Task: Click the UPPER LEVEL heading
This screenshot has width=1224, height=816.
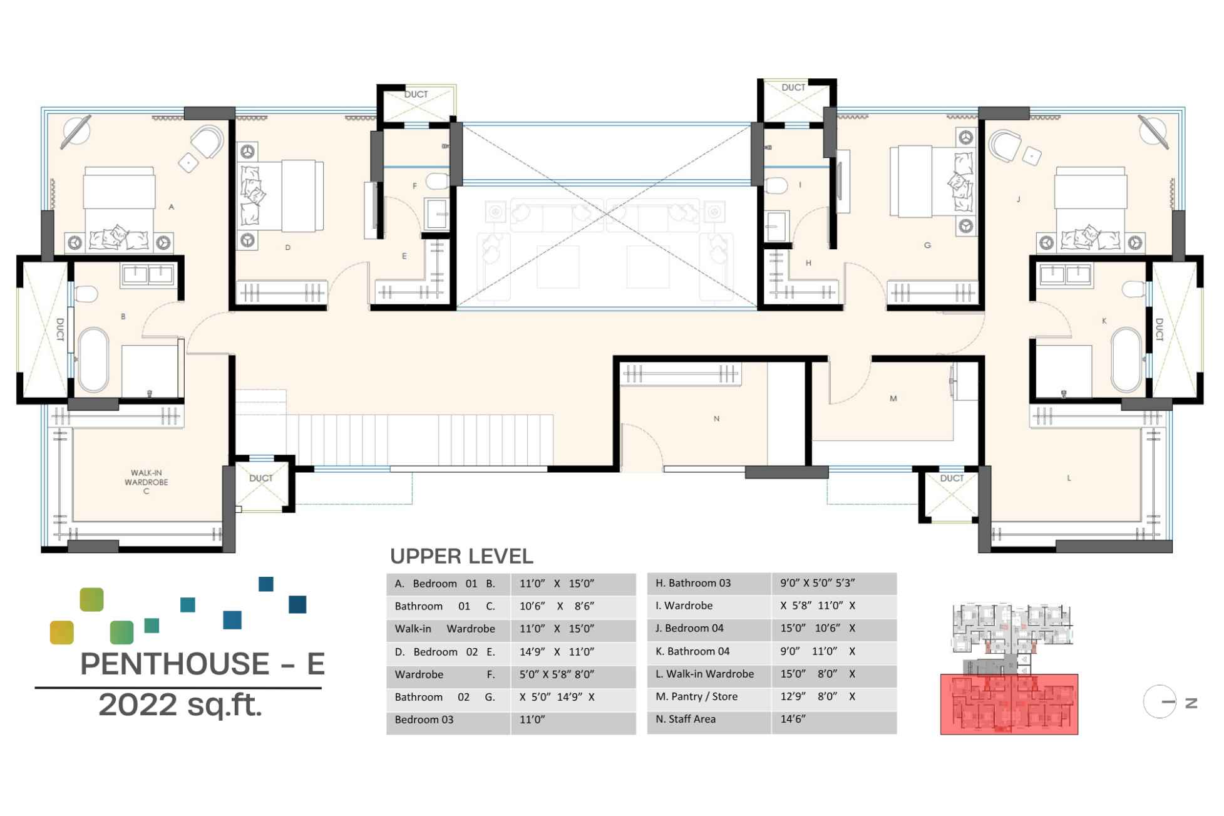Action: (461, 556)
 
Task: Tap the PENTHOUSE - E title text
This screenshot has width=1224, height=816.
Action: (202, 664)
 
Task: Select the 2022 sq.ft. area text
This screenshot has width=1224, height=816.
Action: (180, 705)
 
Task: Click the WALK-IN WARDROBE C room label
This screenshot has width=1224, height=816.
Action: (146, 482)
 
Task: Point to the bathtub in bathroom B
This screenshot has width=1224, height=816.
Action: (93, 359)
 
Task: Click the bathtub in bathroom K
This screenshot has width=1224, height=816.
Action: (1126, 359)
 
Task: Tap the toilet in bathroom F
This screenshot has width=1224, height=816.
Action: (438, 182)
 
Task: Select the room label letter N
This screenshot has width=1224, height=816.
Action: (716, 418)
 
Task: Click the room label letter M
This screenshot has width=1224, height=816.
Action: (893, 398)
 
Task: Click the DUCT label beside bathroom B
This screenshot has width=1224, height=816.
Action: (60, 329)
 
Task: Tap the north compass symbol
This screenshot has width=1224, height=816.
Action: (1160, 702)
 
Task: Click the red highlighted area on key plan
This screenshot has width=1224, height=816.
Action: (1009, 704)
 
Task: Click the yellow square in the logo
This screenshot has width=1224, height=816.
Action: (62, 633)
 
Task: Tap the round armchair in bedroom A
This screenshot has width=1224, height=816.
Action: (208, 142)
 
